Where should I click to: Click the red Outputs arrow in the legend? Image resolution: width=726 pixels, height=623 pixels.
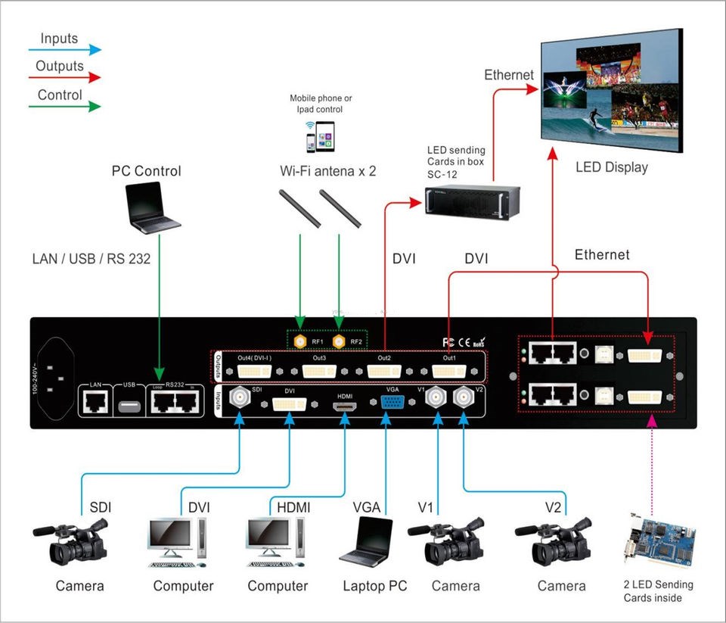[68, 77]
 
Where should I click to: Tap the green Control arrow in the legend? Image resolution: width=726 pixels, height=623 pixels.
[68, 106]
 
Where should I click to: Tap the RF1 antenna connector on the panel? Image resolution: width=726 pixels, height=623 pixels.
[300, 341]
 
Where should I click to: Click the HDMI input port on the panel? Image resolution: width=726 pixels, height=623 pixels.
[344, 407]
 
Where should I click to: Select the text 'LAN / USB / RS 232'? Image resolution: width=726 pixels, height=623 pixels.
[92, 259]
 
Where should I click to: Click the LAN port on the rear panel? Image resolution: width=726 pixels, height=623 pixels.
[95, 404]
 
